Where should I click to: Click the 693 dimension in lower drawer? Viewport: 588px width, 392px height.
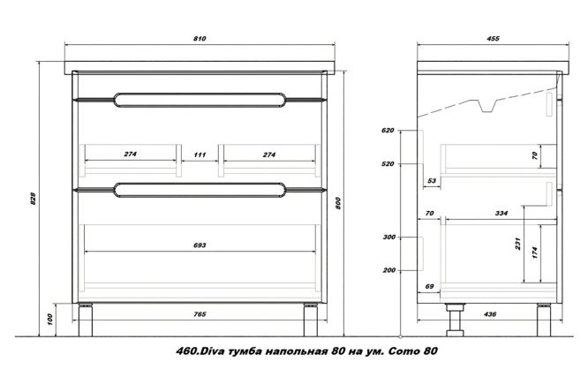point(200,245)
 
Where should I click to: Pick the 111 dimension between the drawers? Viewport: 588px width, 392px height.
point(200,155)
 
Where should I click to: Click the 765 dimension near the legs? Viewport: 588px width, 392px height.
point(200,315)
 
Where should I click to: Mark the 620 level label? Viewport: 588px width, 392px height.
point(388,131)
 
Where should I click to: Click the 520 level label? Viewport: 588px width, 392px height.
point(388,164)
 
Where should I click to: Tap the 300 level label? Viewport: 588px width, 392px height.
point(388,238)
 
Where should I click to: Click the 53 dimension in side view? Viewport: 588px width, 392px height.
point(432,180)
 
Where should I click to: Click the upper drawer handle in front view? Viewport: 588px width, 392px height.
point(200,99)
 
